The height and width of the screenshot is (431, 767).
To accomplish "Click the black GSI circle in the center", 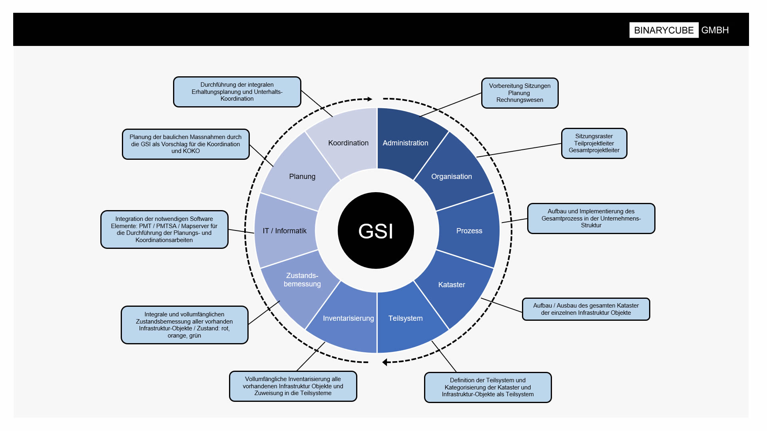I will pos(376,230).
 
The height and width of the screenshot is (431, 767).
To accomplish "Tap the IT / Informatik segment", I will pos(285,230).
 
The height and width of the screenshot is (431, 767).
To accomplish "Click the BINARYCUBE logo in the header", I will pos(663,30).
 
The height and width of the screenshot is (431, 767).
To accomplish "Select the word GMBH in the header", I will pos(715,30).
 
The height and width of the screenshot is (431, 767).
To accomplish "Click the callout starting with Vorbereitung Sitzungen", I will pos(520,93).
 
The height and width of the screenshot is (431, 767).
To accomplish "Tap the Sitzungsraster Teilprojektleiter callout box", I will pos(594,143).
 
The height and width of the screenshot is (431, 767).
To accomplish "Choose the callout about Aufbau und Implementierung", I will pos(591,218).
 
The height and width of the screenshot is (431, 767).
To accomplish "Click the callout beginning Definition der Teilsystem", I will pos(488,387).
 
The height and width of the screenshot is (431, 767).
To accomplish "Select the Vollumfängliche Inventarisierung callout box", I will pos(293,386).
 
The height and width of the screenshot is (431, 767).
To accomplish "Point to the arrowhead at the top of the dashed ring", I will pos(370,99).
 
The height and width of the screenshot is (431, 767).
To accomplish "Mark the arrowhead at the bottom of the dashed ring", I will pos(384,362).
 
